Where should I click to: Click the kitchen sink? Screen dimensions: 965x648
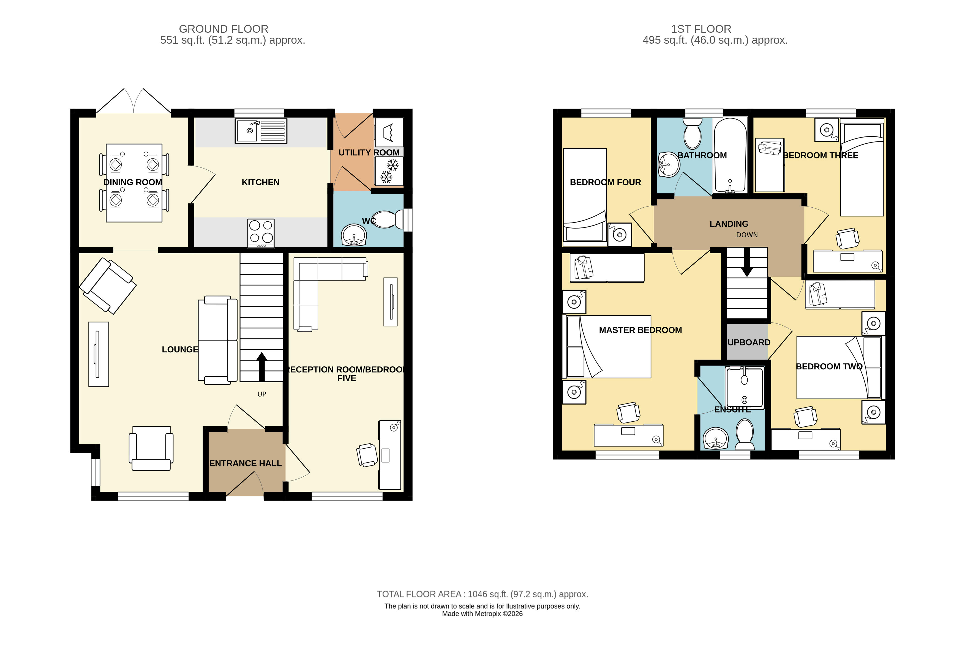(x=260, y=131)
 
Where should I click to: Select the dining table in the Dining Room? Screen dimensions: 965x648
(x=134, y=183)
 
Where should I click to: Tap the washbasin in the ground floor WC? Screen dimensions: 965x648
(x=354, y=235)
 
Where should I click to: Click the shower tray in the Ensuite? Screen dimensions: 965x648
(x=744, y=387)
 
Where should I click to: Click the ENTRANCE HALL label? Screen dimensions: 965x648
(x=245, y=463)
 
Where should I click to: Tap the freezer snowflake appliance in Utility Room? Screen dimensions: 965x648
(x=389, y=171)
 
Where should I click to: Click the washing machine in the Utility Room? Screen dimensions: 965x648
(x=388, y=132)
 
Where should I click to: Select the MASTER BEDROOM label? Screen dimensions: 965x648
(x=640, y=330)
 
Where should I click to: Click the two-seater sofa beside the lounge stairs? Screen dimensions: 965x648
(x=217, y=341)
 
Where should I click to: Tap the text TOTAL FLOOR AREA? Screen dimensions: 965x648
(x=419, y=594)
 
